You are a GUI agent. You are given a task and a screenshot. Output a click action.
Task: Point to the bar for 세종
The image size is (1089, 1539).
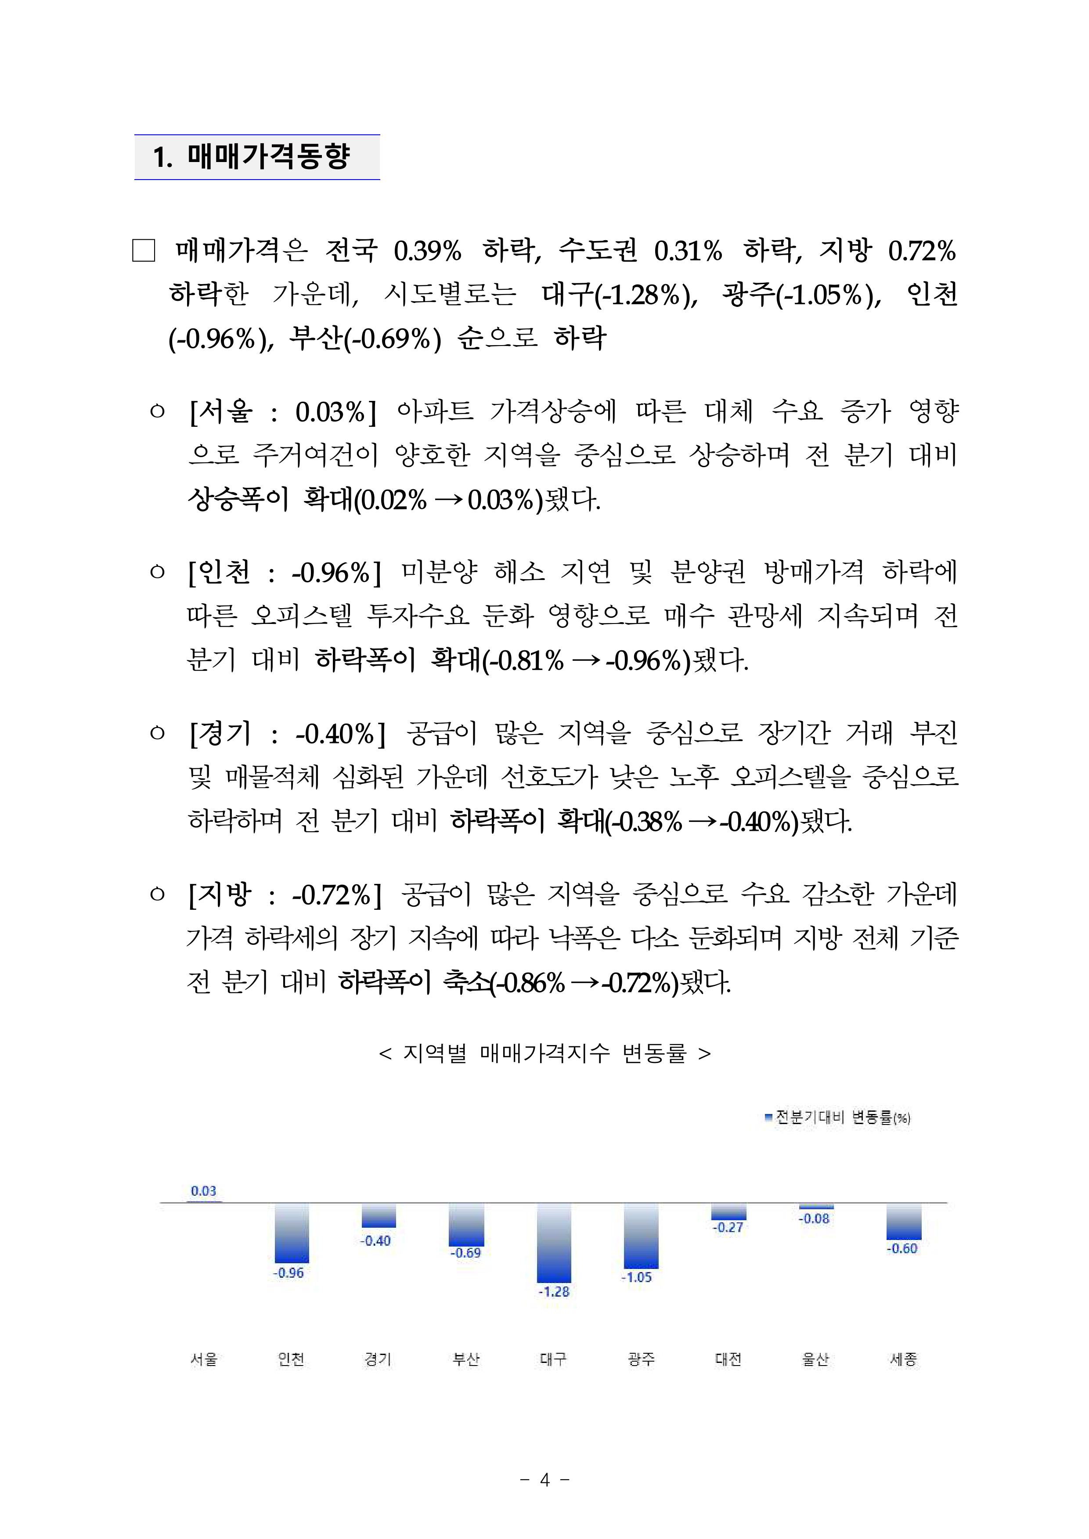(903, 1221)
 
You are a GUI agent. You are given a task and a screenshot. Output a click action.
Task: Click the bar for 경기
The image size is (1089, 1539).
(379, 1215)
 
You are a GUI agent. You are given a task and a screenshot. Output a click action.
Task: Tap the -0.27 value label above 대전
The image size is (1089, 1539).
(728, 1227)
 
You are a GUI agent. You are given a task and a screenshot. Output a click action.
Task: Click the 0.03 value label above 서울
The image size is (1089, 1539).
(204, 1191)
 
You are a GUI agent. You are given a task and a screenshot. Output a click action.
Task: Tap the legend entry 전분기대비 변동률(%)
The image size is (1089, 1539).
(838, 1117)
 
